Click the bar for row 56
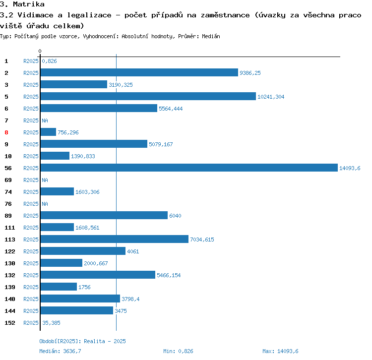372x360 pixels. (x=188, y=168)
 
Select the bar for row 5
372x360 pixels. (x=148, y=97)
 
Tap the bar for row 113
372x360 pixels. (x=115, y=240)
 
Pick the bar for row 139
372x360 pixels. (x=59, y=287)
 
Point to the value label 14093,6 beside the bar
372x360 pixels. (x=350, y=168)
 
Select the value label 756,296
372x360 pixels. (x=68, y=132)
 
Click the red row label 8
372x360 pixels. (x=6, y=132)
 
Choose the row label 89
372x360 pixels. (x=8, y=216)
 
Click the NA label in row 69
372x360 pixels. (x=45, y=180)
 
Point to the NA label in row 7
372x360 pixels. (x=45, y=120)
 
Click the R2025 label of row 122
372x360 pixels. (x=31, y=251)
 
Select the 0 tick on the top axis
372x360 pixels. (x=40, y=51)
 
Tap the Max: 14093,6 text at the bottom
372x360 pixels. (x=280, y=351)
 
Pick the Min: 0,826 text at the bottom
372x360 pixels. (x=178, y=351)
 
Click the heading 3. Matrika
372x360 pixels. (x=22, y=4)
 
